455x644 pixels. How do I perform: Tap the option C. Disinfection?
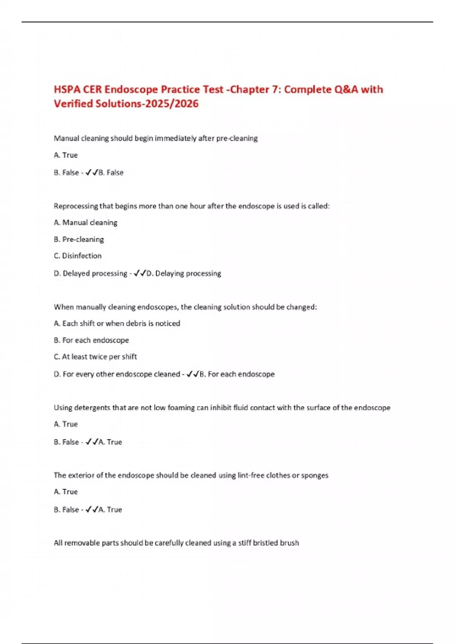[78, 256]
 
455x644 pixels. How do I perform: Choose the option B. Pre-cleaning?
[79, 239]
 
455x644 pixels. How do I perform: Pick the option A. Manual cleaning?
[86, 223]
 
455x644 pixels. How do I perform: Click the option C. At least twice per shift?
[95, 356]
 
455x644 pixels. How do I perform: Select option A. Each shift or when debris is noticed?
[117, 324]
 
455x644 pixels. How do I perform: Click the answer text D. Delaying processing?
[184, 273]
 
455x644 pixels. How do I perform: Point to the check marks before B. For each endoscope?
[193, 374]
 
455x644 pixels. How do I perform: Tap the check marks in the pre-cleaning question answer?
[91, 172]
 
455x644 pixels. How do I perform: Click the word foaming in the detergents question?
[181, 408]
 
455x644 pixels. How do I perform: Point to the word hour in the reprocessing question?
[197, 206]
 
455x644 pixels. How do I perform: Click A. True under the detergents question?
[66, 424]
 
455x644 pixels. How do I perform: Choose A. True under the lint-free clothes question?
[66, 492]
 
